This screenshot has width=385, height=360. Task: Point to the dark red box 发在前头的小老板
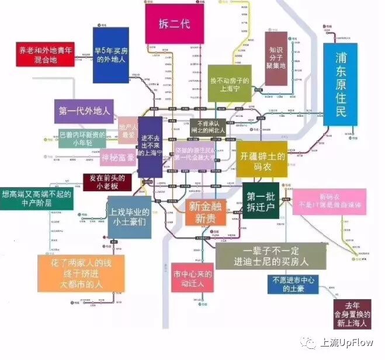[x=107, y=182]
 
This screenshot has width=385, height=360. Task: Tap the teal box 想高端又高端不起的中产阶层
[x=37, y=199]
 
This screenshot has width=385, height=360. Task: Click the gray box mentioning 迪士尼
[x=270, y=255]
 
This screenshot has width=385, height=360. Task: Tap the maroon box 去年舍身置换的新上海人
[x=352, y=314]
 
